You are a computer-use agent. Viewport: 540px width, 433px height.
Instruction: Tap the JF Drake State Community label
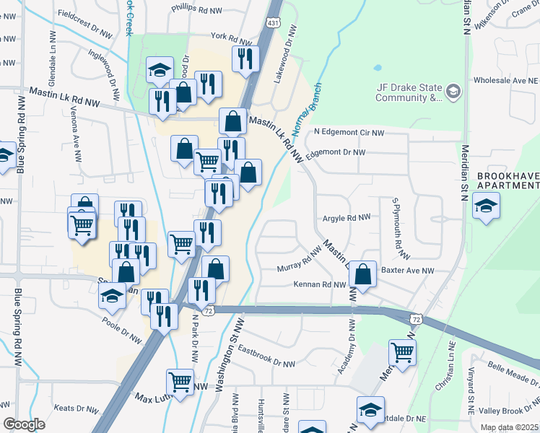(409, 92)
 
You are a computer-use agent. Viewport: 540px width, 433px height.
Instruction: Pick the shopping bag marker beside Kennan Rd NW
(363, 274)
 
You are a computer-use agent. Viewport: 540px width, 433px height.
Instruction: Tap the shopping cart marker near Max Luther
(180, 382)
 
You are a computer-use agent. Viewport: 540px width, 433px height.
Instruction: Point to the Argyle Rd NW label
(346, 216)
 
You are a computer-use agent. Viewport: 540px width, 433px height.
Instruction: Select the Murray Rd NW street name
(299, 261)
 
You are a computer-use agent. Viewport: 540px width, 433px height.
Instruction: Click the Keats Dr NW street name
(74, 408)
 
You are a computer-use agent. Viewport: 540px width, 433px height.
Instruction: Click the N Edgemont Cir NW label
(349, 133)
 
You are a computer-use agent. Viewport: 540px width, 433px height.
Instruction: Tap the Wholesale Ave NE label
(505, 81)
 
